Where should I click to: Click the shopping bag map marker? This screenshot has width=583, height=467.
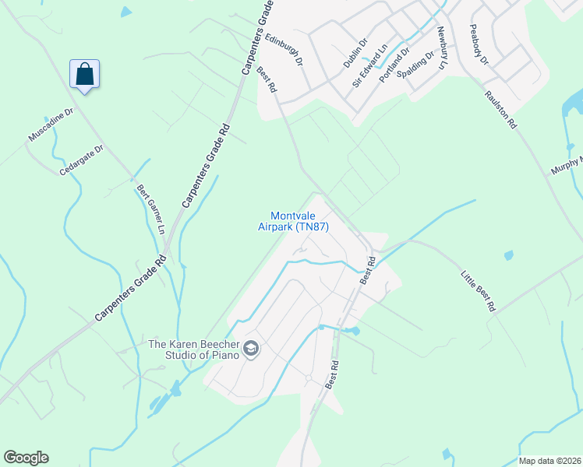tap(84, 75)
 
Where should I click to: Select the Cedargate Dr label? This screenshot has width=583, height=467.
tap(81, 160)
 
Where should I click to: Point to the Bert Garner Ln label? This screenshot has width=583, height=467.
tap(151, 208)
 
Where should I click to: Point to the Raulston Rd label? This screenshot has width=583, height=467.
tap(500, 108)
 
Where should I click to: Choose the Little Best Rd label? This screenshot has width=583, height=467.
tap(478, 290)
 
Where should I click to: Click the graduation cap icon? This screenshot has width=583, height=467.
tap(251, 349)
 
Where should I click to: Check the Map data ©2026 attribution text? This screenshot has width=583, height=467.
tap(549, 461)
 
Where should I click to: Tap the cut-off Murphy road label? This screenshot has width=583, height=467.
tap(567, 164)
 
